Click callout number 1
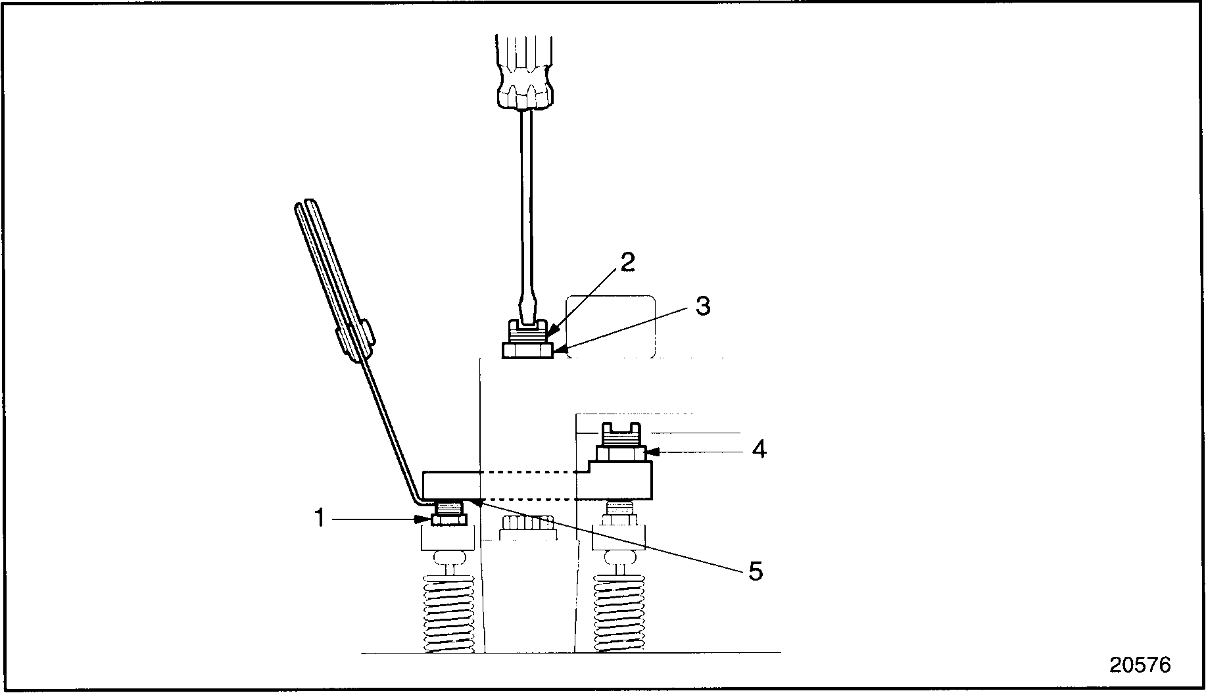[x=320, y=519]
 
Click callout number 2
[x=628, y=262]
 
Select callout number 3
[x=703, y=306]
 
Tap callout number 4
[x=759, y=450]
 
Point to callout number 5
[x=756, y=571]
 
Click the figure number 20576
[x=1140, y=665]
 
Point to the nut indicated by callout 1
[x=449, y=519]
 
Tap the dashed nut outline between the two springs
[x=527, y=527]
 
